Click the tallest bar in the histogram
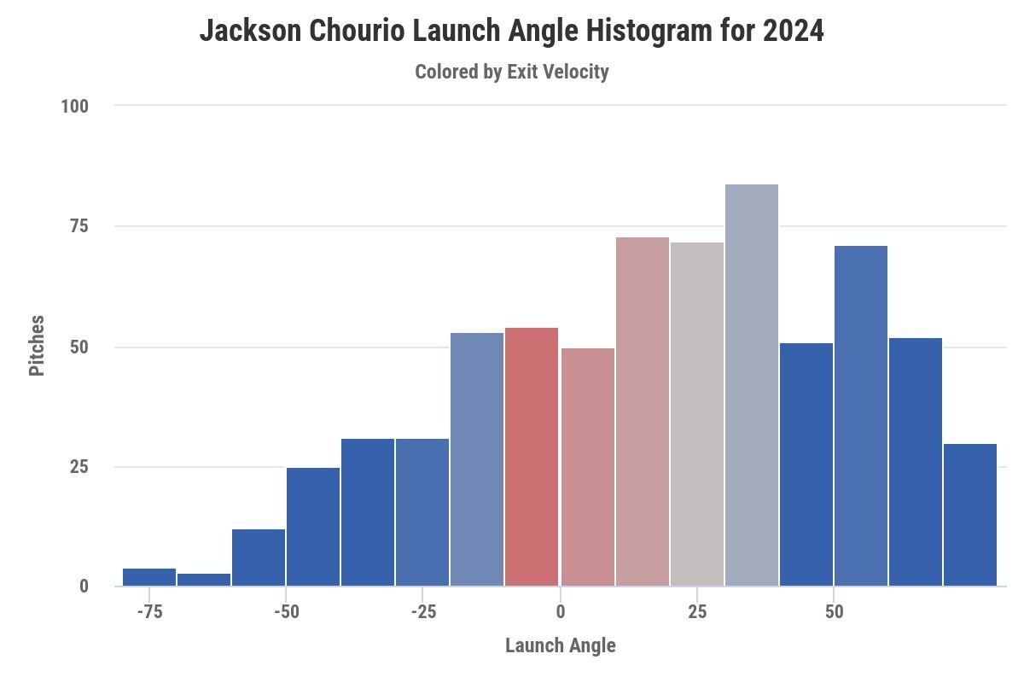pos(752,385)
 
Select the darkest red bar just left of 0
pos(532,457)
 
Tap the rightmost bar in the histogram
pos(970,515)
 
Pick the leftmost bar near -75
pos(149,577)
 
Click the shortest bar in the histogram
pos(204,580)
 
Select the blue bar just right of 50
pos(861,416)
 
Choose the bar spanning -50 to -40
pos(313,527)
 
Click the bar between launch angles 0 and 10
pos(588,467)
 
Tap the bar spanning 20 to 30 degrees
pos(697,414)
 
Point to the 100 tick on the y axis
pos(74,107)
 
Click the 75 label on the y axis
pos(79,226)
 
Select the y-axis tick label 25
pos(79,467)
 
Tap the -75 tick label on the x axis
pos(149,612)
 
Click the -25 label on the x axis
pos(422,612)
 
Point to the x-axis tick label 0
pos(561,612)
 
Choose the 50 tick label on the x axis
pos(834,612)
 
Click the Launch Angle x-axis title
pos(560,645)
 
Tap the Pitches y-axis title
pos(37,346)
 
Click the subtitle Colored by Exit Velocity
pos(511,72)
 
